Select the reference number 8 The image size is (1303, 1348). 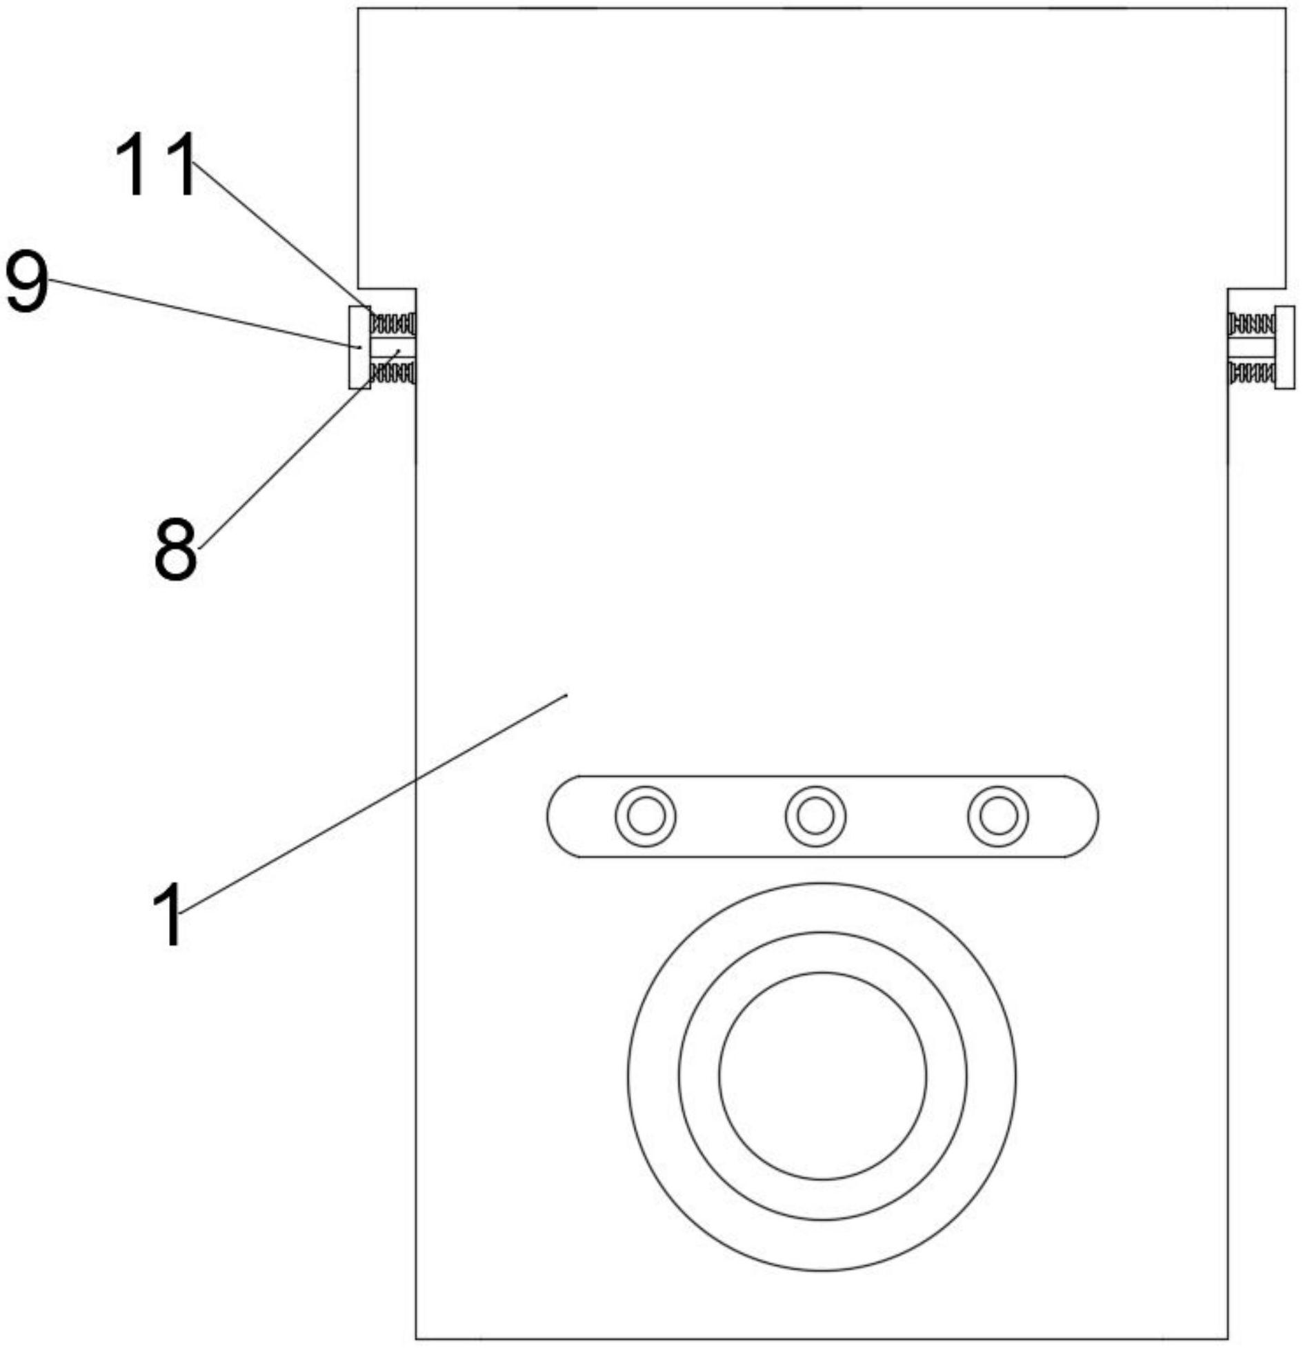pyautogui.click(x=175, y=549)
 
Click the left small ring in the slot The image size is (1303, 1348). pyautogui.click(x=645, y=817)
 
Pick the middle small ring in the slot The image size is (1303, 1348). pyautogui.click(x=815, y=817)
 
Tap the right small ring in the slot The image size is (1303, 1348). pyautogui.click(x=998, y=817)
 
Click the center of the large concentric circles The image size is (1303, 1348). pyautogui.click(x=822, y=1076)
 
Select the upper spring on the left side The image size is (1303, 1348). pyautogui.click(x=393, y=322)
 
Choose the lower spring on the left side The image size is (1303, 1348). pyautogui.click(x=393, y=373)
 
